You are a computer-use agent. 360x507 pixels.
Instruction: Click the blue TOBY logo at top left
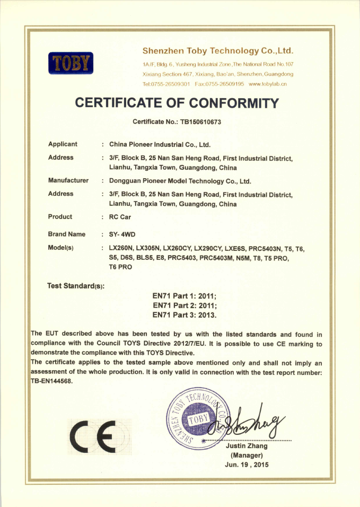coord(71,63)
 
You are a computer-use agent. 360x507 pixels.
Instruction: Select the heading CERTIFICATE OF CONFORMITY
coord(177,103)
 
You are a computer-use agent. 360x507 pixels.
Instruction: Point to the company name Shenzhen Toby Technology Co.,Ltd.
coord(217,51)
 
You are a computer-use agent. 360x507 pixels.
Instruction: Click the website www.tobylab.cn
coord(268,84)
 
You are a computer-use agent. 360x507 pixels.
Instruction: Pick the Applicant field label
coord(63,144)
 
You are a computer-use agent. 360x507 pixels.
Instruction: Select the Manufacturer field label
coord(68,180)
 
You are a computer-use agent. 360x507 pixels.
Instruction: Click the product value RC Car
coord(120,217)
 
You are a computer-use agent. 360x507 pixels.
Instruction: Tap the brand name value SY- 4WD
coord(122,234)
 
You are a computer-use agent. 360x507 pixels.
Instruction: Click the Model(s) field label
coord(60,248)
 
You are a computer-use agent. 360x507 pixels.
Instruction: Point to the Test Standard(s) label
coord(76,286)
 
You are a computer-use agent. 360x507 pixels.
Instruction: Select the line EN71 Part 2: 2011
coord(185,305)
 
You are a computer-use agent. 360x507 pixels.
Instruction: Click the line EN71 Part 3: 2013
coord(185,315)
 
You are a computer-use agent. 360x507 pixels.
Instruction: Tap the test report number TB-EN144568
coord(51,381)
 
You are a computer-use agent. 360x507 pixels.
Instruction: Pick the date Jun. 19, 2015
coord(247,465)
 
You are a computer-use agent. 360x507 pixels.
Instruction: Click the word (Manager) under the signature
coord(247,456)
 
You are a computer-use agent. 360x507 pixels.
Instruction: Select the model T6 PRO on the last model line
coord(120,267)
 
